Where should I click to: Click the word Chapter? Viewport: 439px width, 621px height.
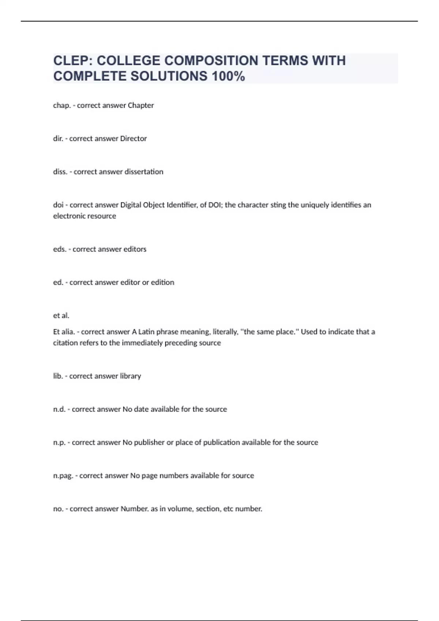coord(141,106)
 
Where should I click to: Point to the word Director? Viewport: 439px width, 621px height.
coord(134,139)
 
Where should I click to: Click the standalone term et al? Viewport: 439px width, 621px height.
coord(61,316)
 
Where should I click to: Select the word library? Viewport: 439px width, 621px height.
coord(130,376)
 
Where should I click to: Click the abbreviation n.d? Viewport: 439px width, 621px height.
coord(59,409)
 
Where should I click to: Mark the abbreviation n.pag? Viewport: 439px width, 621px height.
coord(63,476)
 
